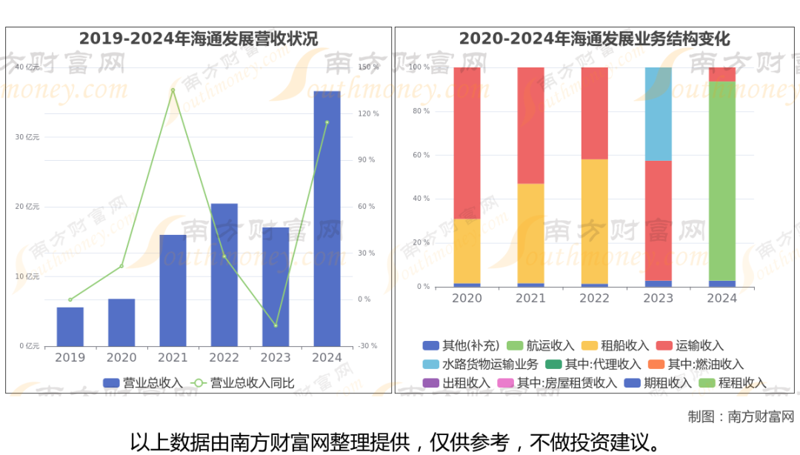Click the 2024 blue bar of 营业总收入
327,219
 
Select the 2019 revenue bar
70,327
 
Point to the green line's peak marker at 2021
173,90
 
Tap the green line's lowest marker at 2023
276,325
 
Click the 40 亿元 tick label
27,67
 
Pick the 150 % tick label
369,67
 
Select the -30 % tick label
369,346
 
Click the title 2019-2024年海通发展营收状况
199,39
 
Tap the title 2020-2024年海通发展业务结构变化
594,39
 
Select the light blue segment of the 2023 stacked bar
659,114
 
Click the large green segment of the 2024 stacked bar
722,181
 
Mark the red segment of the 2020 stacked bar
467,143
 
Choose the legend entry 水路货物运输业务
481,365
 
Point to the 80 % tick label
421,111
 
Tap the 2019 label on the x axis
70,357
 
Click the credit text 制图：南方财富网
740,416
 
